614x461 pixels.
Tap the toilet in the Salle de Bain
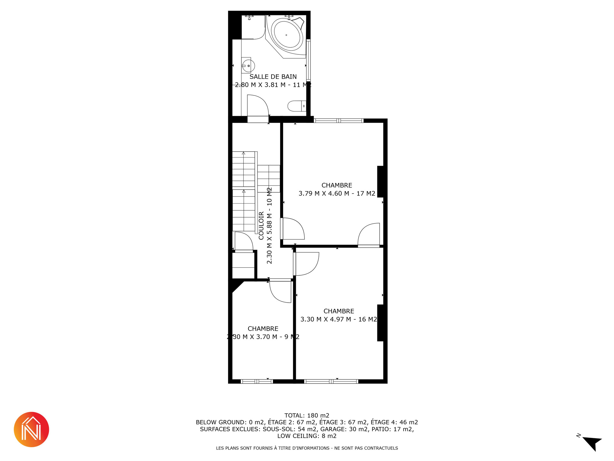(x=297, y=106)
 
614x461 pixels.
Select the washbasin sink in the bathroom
(x=248, y=66)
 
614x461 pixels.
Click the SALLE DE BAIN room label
(x=273, y=77)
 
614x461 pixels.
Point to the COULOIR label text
(x=261, y=225)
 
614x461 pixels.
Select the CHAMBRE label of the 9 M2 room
(x=263, y=329)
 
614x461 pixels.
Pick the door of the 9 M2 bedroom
(x=280, y=291)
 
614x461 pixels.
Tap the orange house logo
(x=31, y=430)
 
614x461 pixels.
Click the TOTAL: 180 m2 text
(x=307, y=416)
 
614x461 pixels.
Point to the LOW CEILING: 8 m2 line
(x=307, y=436)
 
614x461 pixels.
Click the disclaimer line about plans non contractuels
(x=307, y=448)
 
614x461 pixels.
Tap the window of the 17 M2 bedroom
(x=339, y=121)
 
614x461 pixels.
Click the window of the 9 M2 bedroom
(x=257, y=381)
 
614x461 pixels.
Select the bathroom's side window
(x=308, y=60)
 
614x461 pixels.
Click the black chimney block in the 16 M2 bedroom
(x=381, y=323)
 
